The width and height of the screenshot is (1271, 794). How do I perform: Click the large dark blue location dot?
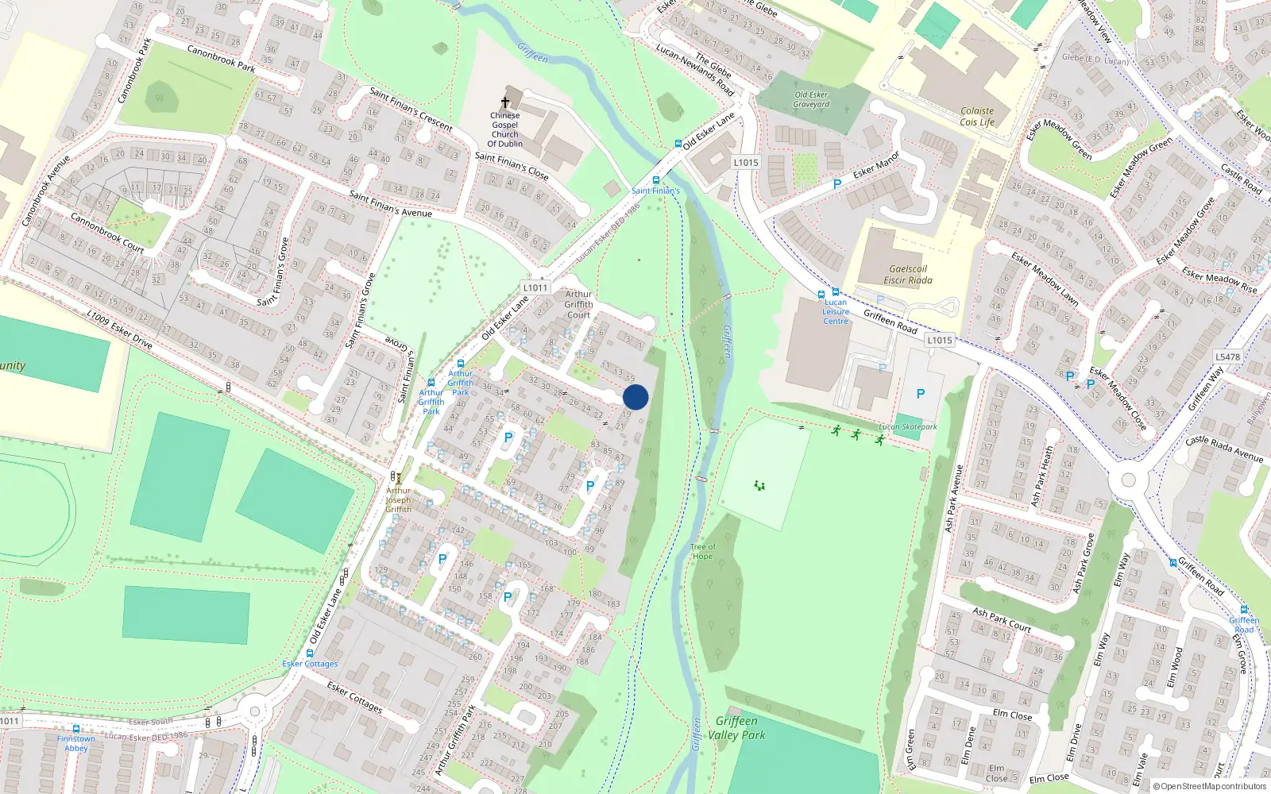[x=635, y=397]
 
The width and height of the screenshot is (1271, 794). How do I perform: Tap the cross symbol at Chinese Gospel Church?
[x=504, y=102]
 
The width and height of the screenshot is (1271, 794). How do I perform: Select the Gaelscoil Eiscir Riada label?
[x=908, y=275]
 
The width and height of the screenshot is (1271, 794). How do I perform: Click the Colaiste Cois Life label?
[x=977, y=117]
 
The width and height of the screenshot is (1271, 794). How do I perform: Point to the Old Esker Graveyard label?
[x=811, y=99]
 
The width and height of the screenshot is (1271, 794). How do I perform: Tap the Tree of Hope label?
[x=702, y=551]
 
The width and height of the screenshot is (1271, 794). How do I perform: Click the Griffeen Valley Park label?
[x=736, y=727]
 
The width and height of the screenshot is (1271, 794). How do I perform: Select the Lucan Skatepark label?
[x=908, y=427]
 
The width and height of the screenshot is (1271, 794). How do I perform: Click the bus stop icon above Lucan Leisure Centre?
[x=835, y=292]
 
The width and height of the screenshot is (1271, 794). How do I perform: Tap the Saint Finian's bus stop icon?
[x=655, y=180]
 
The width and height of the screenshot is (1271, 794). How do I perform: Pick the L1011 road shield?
[x=535, y=287]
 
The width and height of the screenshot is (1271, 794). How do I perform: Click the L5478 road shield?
[x=1227, y=357]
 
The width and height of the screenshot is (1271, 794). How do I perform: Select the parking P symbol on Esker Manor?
[x=836, y=184]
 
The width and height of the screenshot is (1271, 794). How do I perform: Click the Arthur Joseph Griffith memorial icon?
[x=398, y=478]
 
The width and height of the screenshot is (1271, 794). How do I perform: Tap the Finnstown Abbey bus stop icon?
[x=76, y=729]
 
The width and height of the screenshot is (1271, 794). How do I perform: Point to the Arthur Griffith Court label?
[x=578, y=304]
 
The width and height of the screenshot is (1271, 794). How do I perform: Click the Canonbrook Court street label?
[x=107, y=232]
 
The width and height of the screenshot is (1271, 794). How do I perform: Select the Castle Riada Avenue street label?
[x=1223, y=449]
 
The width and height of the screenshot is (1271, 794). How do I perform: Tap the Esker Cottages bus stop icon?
[x=310, y=654]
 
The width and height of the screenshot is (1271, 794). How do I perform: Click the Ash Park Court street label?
[x=1002, y=620]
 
